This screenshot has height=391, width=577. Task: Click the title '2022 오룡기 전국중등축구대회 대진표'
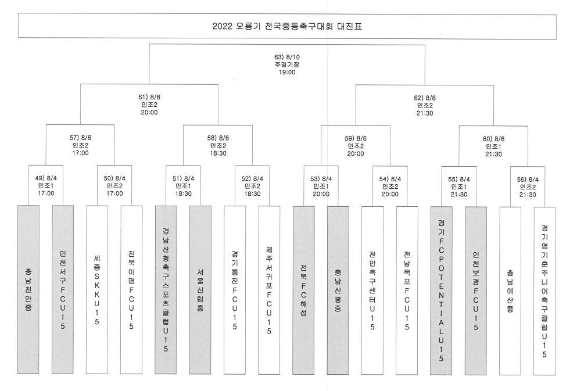point(287,27)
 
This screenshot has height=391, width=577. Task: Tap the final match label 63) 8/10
point(287,58)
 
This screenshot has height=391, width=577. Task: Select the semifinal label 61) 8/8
point(149,98)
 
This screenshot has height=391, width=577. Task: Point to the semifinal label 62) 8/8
point(425,98)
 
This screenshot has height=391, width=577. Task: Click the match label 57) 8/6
point(80,138)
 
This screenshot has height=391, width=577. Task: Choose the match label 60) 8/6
point(493,139)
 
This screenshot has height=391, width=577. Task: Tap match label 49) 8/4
point(46,178)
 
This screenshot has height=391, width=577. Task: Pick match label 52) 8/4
point(252,179)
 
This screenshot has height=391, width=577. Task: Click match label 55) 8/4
point(459,180)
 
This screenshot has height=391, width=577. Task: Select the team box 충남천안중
point(28,289)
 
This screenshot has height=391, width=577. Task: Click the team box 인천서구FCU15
point(63,289)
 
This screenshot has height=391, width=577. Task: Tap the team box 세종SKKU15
point(97,290)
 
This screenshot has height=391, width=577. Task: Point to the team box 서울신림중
point(200,290)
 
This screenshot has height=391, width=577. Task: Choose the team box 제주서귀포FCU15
point(270,290)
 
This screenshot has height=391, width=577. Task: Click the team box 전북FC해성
point(303,290)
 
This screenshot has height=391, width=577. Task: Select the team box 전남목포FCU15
point(407,290)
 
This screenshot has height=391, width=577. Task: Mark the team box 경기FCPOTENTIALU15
point(441,290)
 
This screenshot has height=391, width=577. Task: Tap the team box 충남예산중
point(510,291)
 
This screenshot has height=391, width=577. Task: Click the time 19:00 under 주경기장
point(287,73)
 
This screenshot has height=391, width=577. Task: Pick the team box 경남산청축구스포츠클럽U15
point(166,290)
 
